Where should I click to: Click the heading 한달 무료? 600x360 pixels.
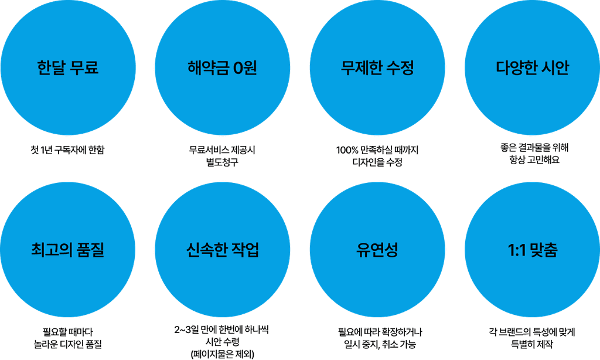67,68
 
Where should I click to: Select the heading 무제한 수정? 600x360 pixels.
377,68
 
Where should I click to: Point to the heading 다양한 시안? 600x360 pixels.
532,68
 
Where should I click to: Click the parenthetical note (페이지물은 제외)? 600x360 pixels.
221,354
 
